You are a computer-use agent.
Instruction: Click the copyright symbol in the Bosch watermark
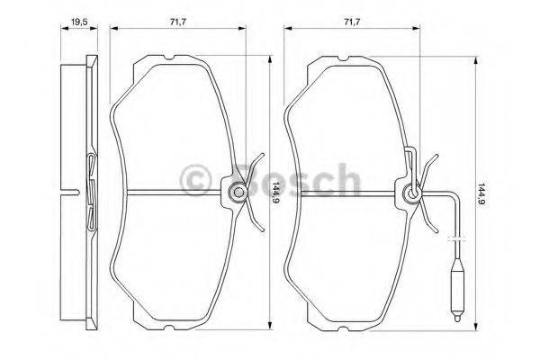click(x=195, y=180)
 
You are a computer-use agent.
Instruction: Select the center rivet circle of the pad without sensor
click(x=237, y=192)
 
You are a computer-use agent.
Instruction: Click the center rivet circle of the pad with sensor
click(x=412, y=192)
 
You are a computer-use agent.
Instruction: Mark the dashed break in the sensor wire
click(x=456, y=238)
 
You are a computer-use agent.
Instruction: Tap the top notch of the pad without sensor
click(x=169, y=59)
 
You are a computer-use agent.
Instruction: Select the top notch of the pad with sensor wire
click(x=345, y=59)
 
